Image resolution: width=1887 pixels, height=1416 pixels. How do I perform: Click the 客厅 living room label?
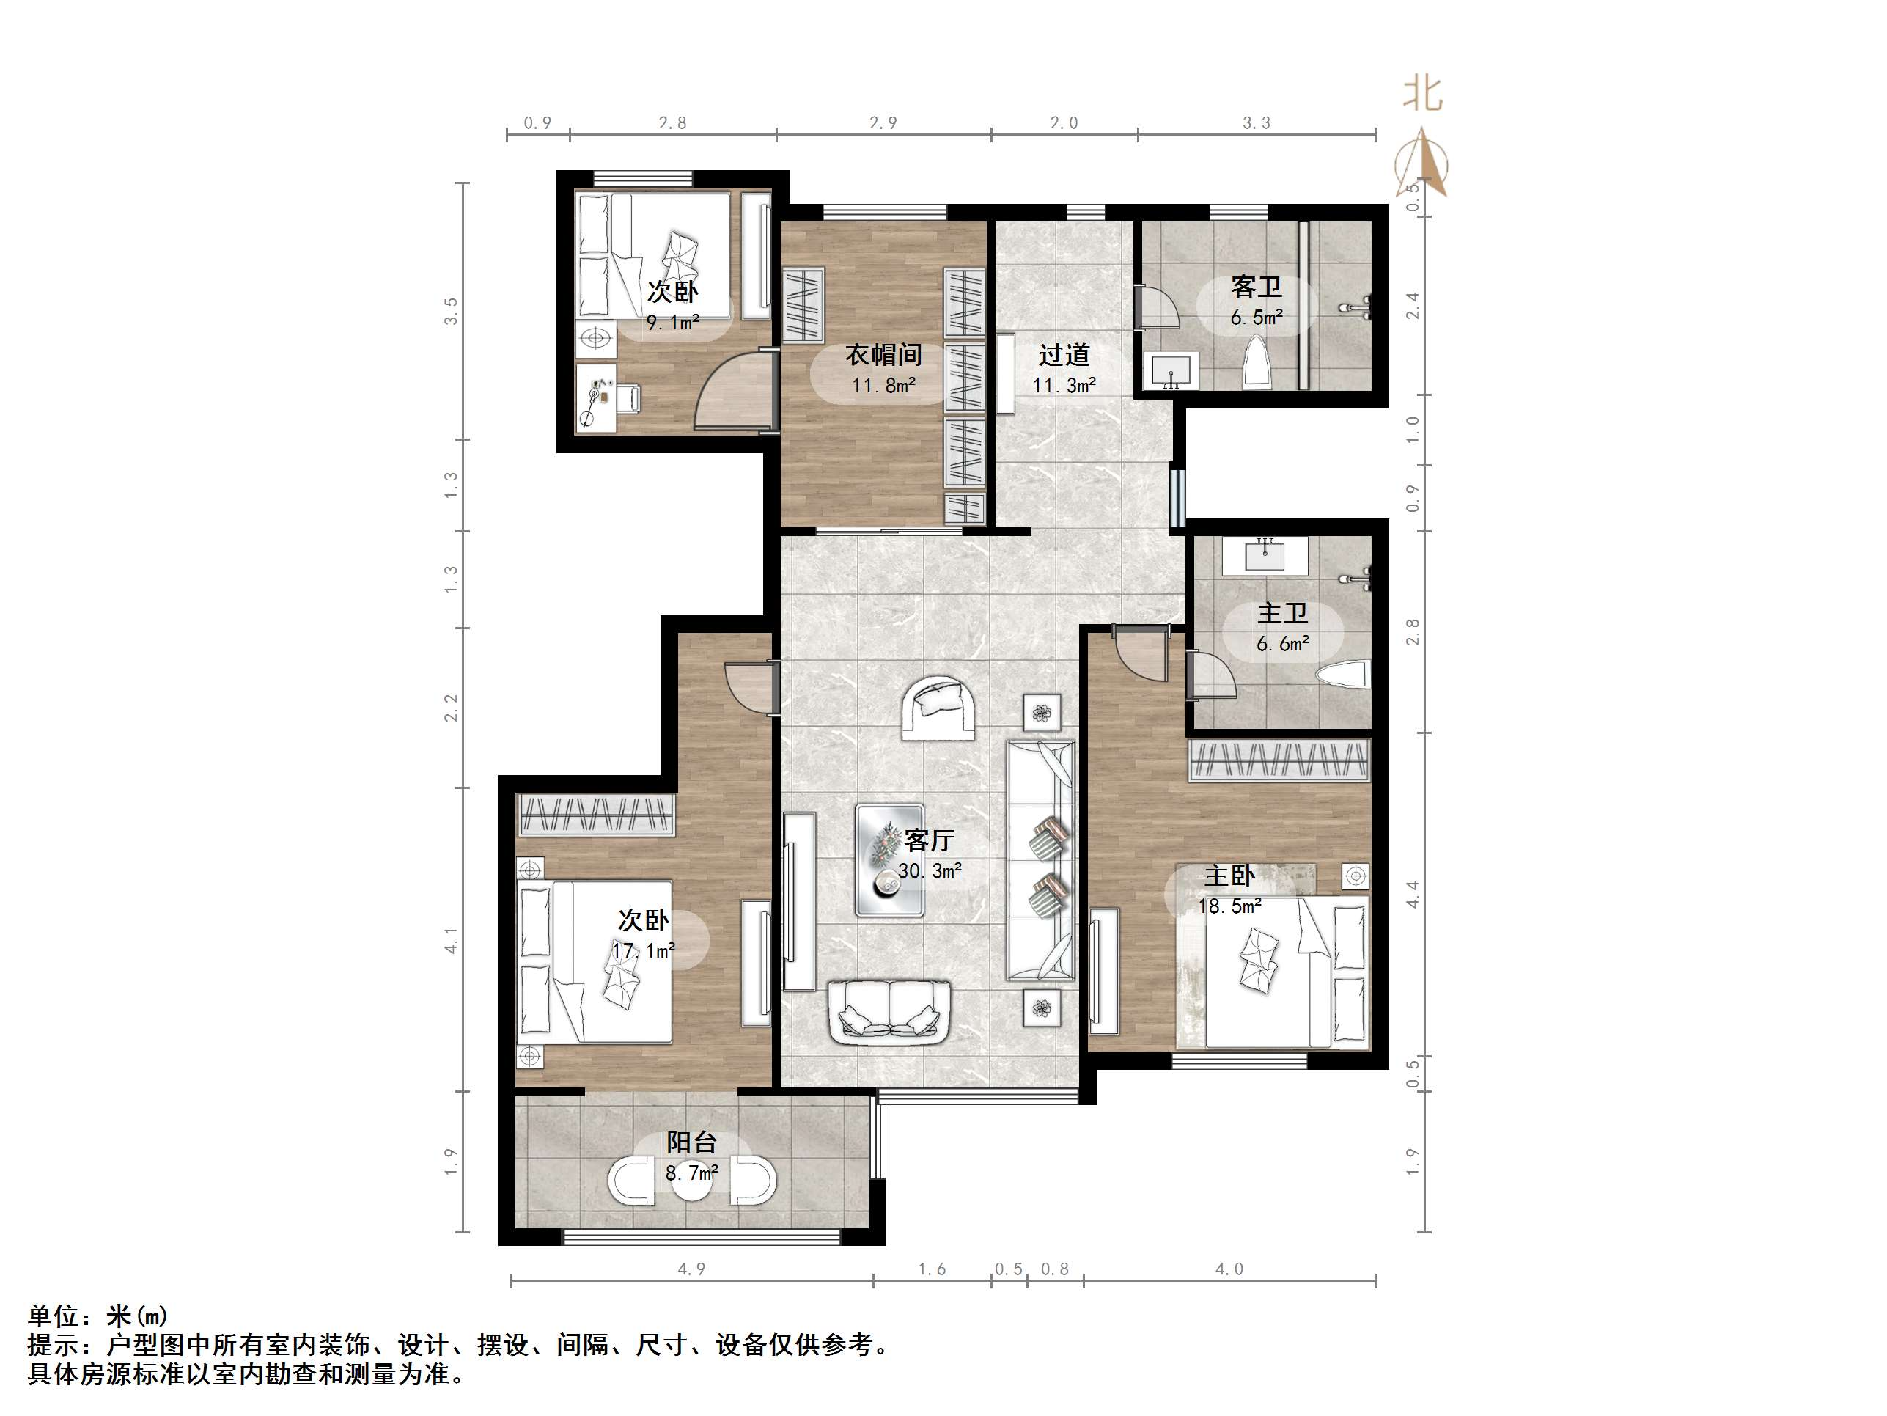click(x=929, y=840)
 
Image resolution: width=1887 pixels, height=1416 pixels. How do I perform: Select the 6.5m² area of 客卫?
click(x=1256, y=318)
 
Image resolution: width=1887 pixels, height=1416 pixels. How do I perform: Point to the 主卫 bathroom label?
click(x=1282, y=614)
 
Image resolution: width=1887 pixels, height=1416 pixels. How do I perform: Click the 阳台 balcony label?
click(x=691, y=1142)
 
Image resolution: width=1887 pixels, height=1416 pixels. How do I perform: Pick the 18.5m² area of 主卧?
click(x=1229, y=906)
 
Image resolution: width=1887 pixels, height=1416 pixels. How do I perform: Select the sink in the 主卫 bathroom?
click(x=1265, y=556)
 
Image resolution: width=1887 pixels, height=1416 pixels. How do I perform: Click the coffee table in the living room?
click(x=890, y=859)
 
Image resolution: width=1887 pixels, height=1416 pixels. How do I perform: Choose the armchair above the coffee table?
click(x=938, y=709)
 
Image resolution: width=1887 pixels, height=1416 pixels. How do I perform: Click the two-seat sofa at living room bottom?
click(x=889, y=1010)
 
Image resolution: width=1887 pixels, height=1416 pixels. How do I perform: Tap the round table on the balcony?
click(x=692, y=1181)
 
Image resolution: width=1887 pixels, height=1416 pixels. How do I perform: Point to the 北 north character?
click(x=1422, y=94)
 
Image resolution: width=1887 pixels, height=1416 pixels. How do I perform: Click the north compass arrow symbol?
click(x=1422, y=164)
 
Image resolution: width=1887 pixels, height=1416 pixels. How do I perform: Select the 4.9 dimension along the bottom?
click(x=691, y=1269)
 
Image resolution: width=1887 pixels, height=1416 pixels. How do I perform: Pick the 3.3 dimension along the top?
click(x=1256, y=123)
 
